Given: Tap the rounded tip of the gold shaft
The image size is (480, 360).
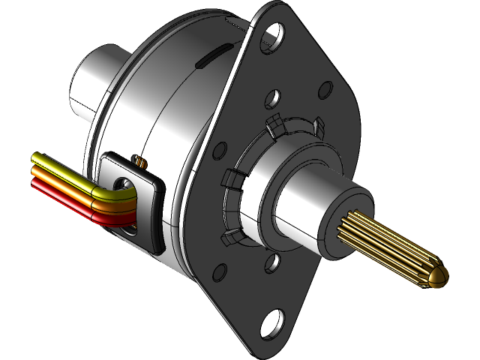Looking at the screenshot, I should coord(438,278).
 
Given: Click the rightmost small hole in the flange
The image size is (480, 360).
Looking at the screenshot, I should coord(324,90).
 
